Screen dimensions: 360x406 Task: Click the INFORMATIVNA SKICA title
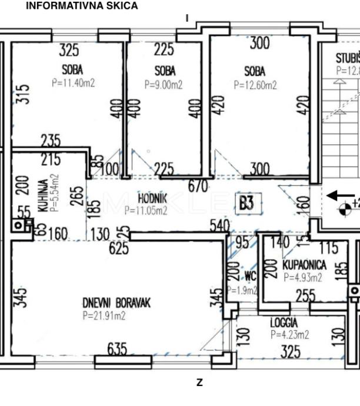pyautogui.click(x=82, y=6)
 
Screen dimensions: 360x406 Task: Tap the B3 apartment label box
pyautogui.click(x=246, y=204)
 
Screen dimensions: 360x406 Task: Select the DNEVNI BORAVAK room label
pyautogui.click(x=116, y=302)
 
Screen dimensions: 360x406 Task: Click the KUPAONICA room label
pyautogui.click(x=304, y=265)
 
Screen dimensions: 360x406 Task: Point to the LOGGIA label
pyautogui.click(x=284, y=322)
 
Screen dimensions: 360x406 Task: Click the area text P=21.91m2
pyautogui.click(x=104, y=316)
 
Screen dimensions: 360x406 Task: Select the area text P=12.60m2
pyautogui.click(x=255, y=85)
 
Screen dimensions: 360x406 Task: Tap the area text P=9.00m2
pyautogui.click(x=164, y=84)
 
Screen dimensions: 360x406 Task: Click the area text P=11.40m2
pyautogui.click(x=73, y=83)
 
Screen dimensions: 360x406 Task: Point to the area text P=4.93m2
pyautogui.click(x=303, y=278)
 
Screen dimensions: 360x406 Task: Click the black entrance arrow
pyautogui.click(x=341, y=195)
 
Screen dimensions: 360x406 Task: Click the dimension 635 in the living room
pyautogui.click(x=117, y=350)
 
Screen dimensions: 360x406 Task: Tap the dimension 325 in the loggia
pyautogui.click(x=291, y=352)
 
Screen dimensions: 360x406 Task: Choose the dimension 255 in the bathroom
pyautogui.click(x=306, y=295)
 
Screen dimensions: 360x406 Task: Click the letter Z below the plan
pyautogui.click(x=199, y=382)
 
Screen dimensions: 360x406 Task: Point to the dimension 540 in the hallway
pyautogui.click(x=221, y=225)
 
